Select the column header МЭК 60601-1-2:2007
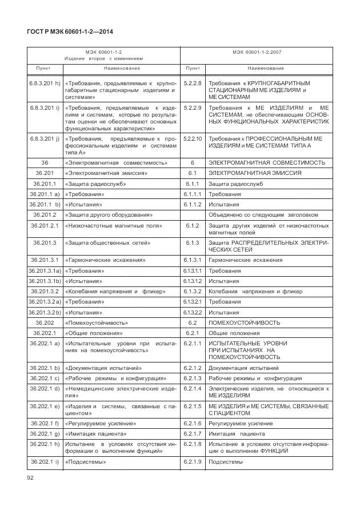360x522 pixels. coord(257,52)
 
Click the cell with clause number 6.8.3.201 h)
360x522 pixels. coord(45,83)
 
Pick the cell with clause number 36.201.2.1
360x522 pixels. coord(45,226)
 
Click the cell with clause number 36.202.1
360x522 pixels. coord(45,333)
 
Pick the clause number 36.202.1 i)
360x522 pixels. coord(45,461)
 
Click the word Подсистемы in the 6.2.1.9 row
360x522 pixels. coord(225,461)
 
